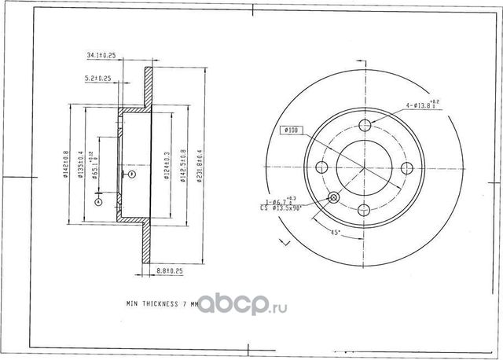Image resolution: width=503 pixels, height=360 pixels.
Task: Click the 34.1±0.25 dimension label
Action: coord(101,55)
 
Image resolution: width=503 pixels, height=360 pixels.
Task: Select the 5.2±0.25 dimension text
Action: coord(98,79)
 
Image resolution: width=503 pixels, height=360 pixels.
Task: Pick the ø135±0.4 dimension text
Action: coord(81,165)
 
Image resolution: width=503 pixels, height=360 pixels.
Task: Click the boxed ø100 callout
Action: coord(289,130)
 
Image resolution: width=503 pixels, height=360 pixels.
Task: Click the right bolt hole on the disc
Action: coord(406,167)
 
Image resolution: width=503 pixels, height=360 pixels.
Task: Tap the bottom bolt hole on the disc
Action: coord(365,209)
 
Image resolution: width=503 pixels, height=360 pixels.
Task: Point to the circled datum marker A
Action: coord(98,202)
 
